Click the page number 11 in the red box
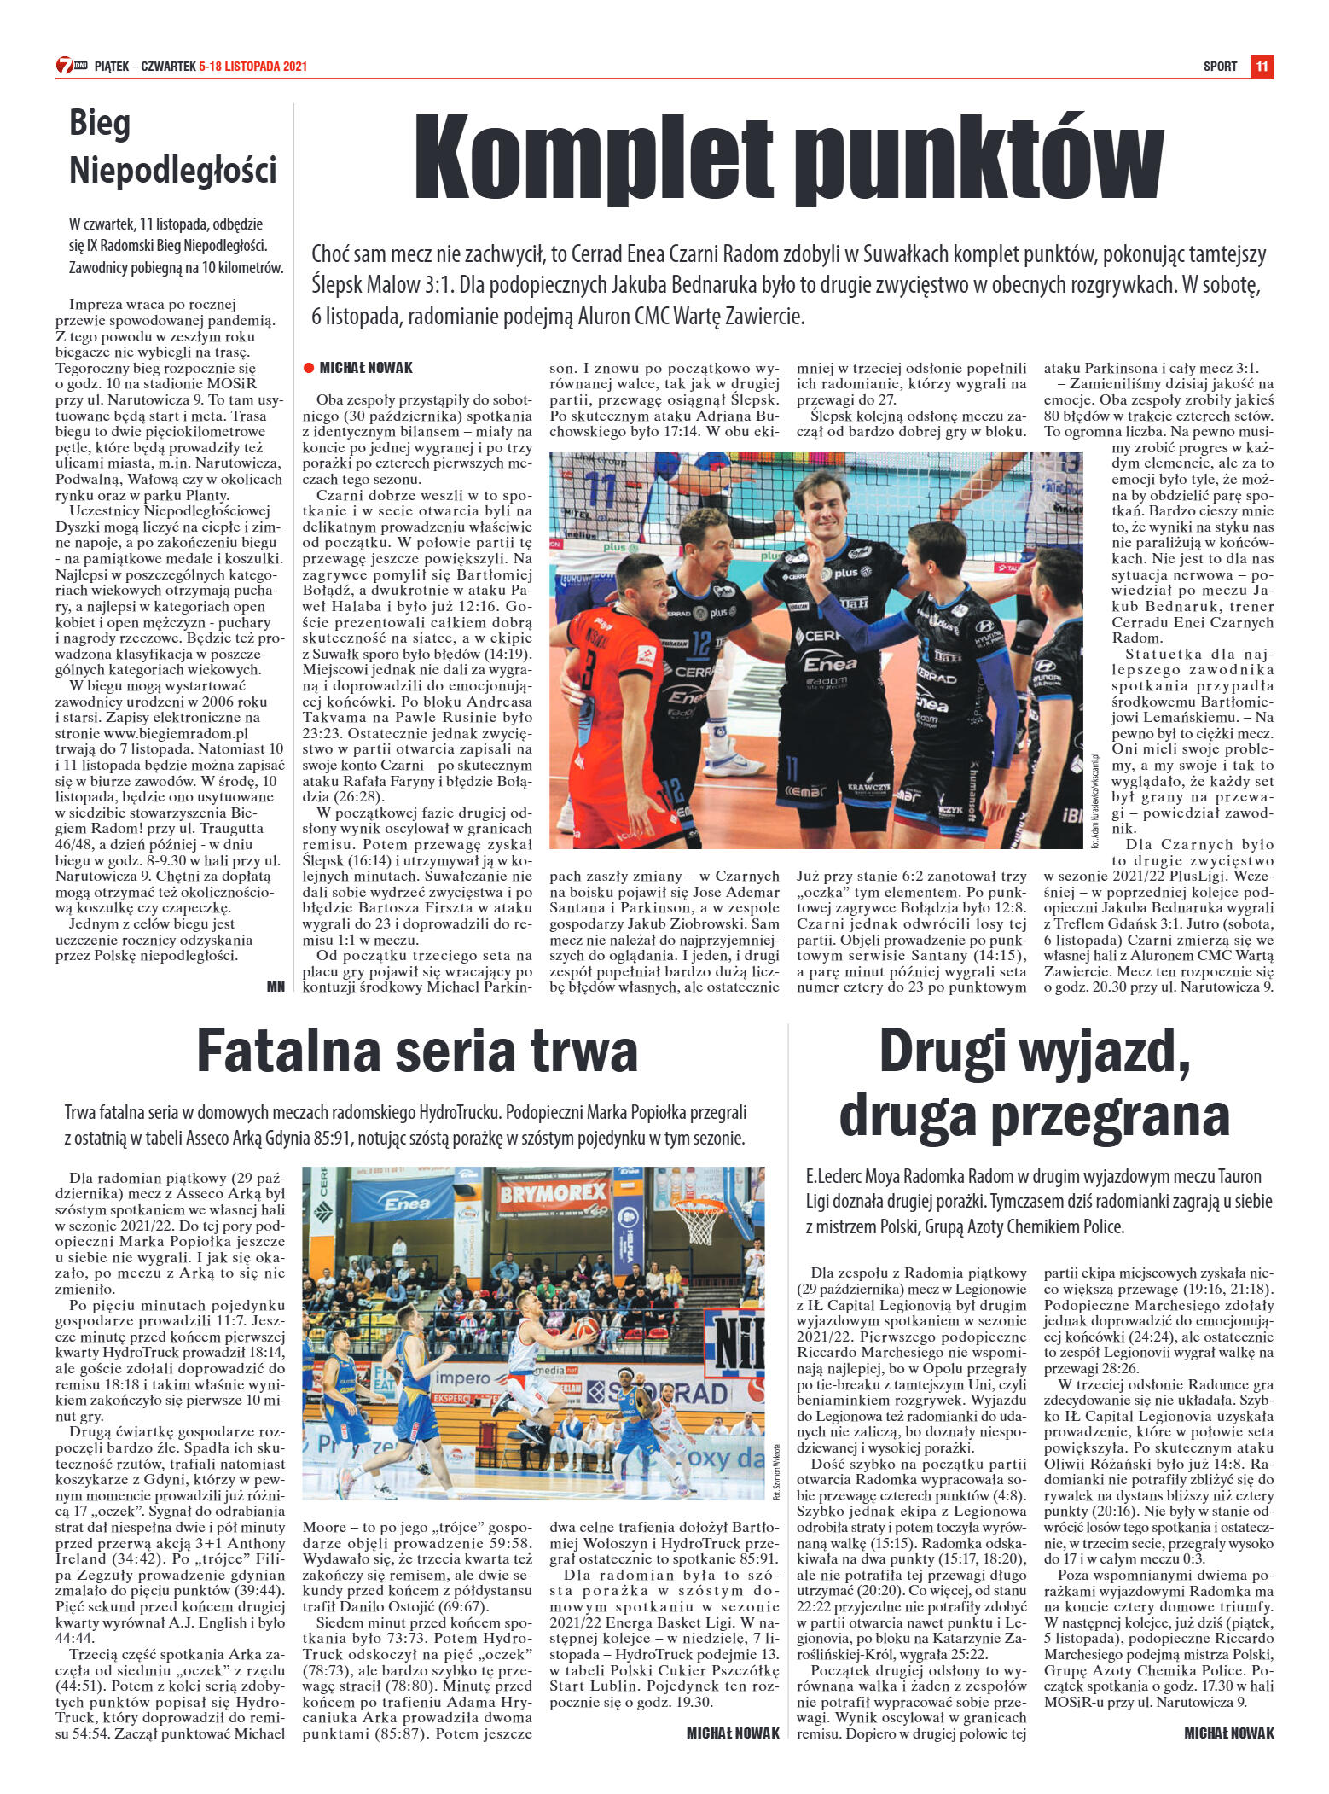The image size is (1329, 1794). click(x=1262, y=67)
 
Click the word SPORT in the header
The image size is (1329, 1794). click(x=1220, y=67)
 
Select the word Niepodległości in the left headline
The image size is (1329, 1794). click(x=173, y=169)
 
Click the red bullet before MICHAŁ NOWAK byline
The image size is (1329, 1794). click(x=309, y=368)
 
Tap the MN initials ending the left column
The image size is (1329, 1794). click(x=276, y=986)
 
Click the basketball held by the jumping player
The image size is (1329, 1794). click(x=586, y=1328)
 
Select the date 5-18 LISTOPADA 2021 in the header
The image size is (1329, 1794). click(x=252, y=67)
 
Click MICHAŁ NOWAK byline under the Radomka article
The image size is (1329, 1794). click(x=1228, y=1733)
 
